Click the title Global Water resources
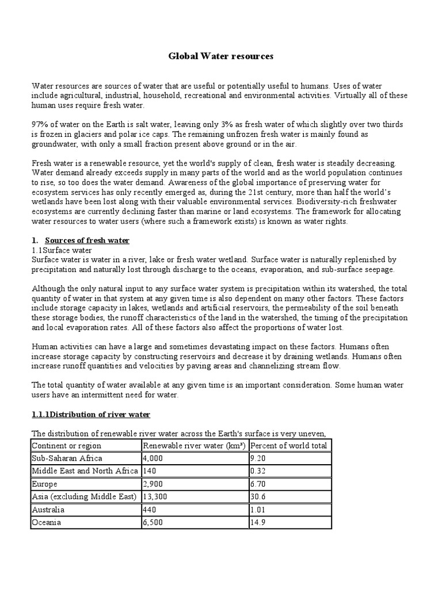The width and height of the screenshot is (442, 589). [220, 56]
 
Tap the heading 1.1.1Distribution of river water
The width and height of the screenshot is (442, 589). [91, 414]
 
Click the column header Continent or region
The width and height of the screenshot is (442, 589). [66, 446]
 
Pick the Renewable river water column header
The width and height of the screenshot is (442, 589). [194, 446]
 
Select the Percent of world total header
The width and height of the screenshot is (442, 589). [288, 446]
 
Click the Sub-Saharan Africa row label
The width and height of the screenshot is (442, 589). [67, 458]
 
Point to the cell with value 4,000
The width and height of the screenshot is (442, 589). [153, 458]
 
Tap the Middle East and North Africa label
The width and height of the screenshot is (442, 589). [85, 471]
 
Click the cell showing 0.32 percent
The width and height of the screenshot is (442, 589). [257, 471]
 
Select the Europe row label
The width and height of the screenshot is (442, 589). [45, 484]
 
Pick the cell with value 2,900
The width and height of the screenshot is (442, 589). [153, 484]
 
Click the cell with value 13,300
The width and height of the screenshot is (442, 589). [155, 497]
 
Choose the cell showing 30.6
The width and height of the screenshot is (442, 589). [257, 497]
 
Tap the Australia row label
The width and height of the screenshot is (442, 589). [48, 510]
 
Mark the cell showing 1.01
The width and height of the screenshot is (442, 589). [257, 510]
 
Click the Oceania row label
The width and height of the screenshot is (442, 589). [47, 522]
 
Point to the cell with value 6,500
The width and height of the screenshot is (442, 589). [153, 522]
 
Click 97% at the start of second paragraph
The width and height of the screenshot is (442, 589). [40, 124]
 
